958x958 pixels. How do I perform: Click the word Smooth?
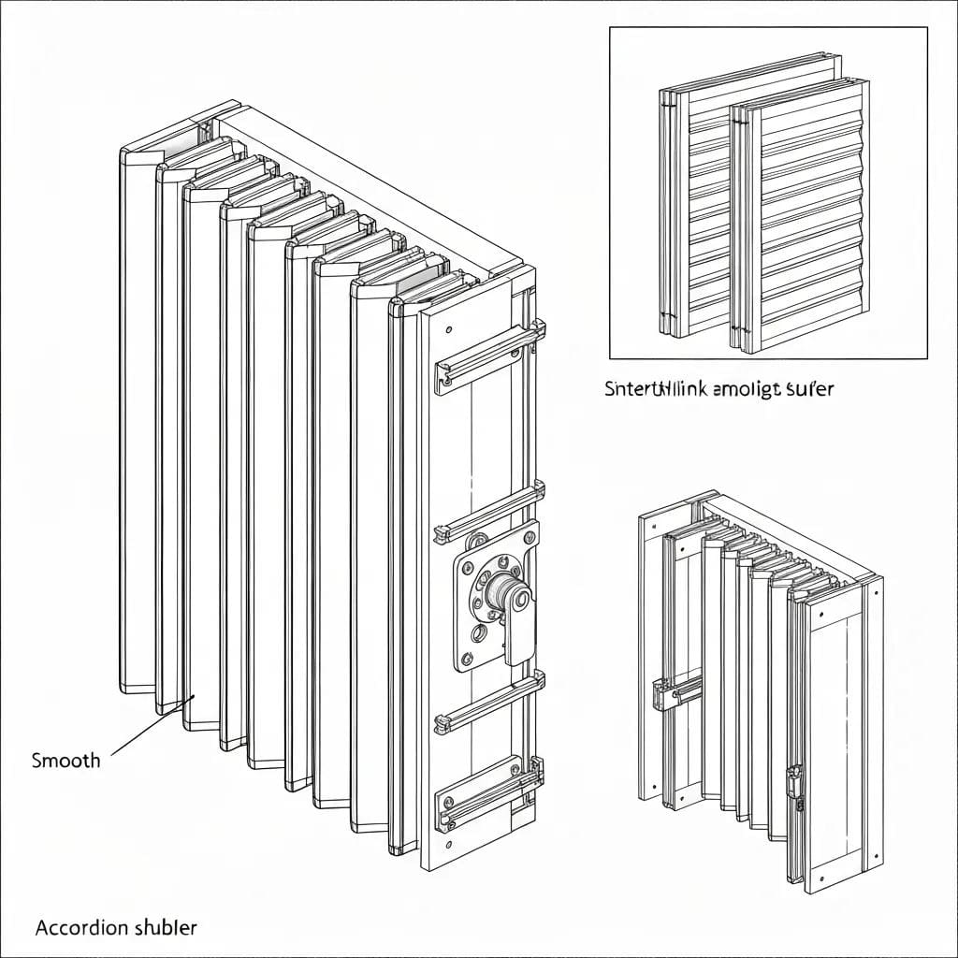(65, 760)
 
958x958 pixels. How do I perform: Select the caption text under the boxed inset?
(718, 389)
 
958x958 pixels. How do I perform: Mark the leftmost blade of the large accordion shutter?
(138, 421)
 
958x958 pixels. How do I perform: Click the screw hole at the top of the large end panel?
(451, 330)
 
